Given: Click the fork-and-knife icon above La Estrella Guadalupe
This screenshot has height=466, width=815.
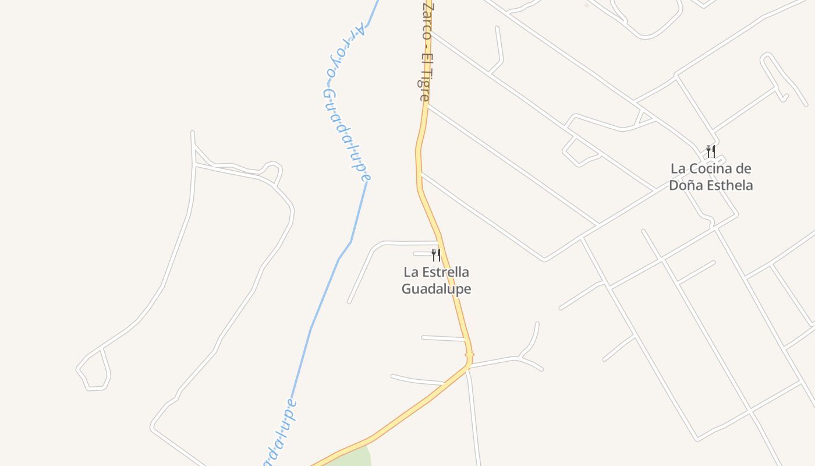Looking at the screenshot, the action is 435,255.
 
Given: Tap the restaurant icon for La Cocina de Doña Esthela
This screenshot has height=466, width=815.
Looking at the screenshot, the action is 710,151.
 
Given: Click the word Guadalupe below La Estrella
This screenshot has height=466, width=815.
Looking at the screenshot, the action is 436,289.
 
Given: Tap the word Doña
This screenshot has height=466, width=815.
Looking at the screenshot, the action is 682,186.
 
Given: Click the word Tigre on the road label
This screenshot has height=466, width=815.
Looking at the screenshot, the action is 424,87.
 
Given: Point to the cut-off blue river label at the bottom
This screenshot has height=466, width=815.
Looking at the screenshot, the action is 279,434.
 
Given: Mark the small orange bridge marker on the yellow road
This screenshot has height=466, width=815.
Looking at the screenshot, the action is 469,354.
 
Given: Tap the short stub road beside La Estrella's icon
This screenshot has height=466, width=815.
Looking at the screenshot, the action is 421,254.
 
